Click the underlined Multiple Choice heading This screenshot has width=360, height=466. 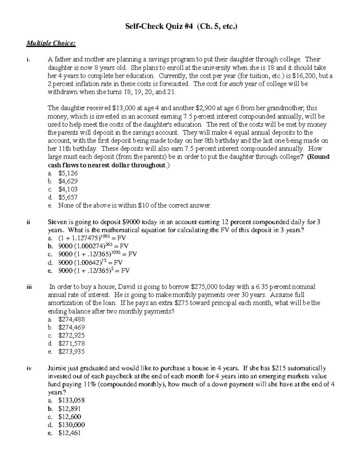point(51,44)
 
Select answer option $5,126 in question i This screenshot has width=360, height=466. point(68,173)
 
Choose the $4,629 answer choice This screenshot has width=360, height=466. point(68,181)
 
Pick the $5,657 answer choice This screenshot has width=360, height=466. point(68,197)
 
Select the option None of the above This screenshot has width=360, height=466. point(135,206)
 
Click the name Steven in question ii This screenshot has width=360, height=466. point(57,222)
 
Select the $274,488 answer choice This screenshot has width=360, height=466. point(72,319)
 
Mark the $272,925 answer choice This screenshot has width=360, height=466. point(72,335)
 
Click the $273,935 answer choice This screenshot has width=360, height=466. point(72,352)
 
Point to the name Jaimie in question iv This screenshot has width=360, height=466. point(57,368)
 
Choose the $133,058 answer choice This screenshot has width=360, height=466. point(72,401)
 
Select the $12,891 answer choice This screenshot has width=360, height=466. point(70,409)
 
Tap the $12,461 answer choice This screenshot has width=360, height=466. point(70,433)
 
